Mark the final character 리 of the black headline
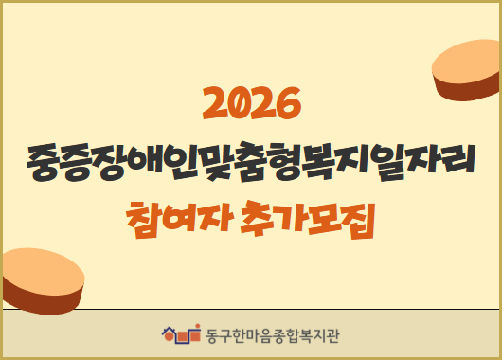point(459,162)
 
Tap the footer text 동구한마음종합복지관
point(272,333)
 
